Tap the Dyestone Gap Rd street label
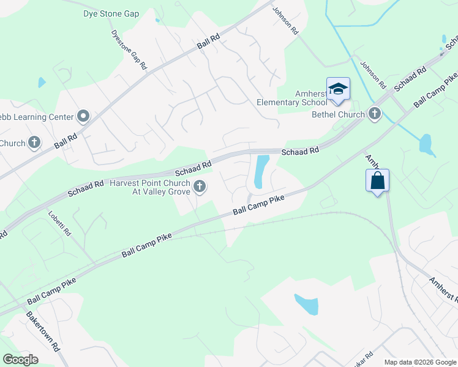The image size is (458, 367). tap(129, 50)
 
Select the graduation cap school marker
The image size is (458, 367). tap(337, 90)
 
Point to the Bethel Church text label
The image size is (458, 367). tap(339, 114)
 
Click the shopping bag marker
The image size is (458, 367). tap(377, 181)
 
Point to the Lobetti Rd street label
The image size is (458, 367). tap(61, 224)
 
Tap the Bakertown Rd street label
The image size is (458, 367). tap(42, 331)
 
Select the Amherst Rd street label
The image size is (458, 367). tap(441, 287)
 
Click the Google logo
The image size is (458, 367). tap(20, 360)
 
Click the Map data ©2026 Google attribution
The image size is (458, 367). tap(419, 362)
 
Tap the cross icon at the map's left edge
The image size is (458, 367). tap(34, 143)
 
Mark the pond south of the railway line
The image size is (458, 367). tap(307, 303)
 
